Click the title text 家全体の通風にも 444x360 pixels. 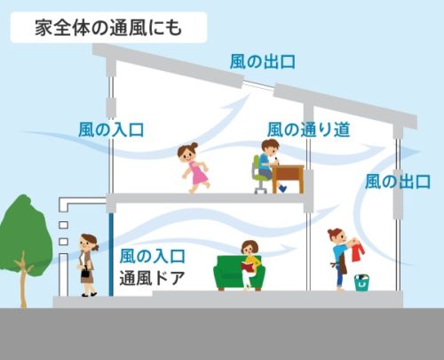click(108, 28)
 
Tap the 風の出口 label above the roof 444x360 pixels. click(263, 62)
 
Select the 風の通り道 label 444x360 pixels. click(309, 130)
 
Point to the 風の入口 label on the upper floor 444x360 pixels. click(111, 130)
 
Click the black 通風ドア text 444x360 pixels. click(152, 278)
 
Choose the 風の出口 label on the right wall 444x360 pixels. click(398, 181)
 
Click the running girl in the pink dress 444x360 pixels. click(194, 168)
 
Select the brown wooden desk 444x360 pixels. click(288, 179)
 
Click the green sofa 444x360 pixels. click(239, 273)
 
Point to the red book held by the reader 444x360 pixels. click(248, 267)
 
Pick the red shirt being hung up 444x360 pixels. click(358, 252)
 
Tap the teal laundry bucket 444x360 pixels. click(361, 283)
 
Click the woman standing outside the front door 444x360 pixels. click(87, 265)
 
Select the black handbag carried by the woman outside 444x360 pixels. click(87, 272)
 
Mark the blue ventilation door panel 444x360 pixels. click(111, 254)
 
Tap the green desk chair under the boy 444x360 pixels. click(259, 175)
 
